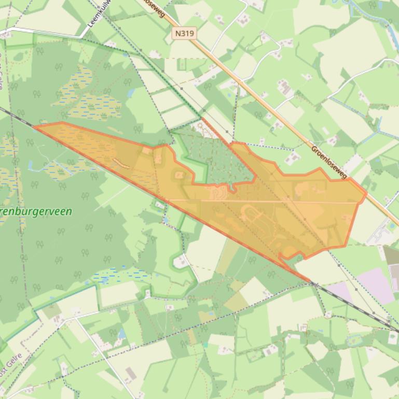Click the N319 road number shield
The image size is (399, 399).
click(x=185, y=34)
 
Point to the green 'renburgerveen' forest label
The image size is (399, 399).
click(x=36, y=212)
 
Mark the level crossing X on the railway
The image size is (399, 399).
click(x=313, y=284)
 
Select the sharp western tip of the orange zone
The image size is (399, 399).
click(x=35, y=126)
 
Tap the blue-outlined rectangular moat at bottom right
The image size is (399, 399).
click(x=355, y=340)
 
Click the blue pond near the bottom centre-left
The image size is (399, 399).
click(x=121, y=333)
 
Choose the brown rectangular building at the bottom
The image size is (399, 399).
click(x=130, y=374)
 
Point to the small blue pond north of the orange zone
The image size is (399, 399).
click(x=131, y=94)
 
